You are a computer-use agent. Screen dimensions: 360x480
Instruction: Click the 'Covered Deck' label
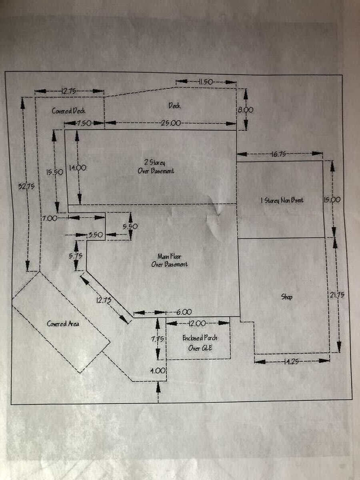point(68,111)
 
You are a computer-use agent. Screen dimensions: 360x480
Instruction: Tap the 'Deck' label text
point(174,106)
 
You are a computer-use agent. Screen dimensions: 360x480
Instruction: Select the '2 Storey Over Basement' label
point(156,167)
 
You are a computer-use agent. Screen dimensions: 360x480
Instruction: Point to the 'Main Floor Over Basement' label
point(169,260)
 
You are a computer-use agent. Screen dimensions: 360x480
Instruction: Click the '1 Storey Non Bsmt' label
point(282,200)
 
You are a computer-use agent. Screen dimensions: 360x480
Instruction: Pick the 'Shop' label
point(286,297)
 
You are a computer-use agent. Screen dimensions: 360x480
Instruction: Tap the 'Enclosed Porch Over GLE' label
point(200,343)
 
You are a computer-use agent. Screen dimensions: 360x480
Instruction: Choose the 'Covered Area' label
point(63,324)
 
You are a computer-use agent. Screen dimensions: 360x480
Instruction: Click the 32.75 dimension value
point(26,186)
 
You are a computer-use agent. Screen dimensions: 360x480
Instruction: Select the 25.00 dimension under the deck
point(171,123)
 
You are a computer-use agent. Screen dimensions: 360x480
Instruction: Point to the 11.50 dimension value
point(206,82)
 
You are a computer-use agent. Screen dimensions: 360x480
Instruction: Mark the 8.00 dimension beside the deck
point(246,110)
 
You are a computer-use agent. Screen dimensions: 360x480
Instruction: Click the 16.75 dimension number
point(278,154)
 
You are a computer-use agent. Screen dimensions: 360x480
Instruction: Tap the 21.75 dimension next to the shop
point(337,296)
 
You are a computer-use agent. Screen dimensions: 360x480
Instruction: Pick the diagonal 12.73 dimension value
point(104,300)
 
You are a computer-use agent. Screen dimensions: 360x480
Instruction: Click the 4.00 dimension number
point(158,371)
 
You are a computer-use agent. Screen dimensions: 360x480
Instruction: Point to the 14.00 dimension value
point(77,168)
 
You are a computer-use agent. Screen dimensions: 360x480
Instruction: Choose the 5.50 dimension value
point(130,226)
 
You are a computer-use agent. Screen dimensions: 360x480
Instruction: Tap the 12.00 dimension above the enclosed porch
point(197,323)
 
